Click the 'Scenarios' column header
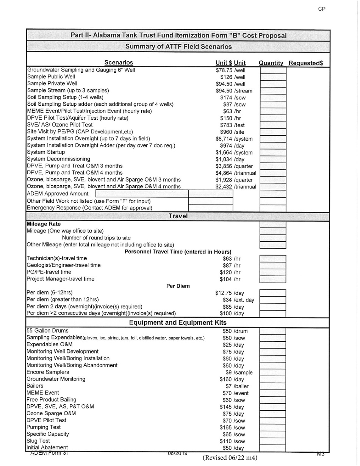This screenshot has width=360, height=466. (x=119, y=63)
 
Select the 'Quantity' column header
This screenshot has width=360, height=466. (x=271, y=63)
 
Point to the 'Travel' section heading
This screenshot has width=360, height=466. (x=178, y=216)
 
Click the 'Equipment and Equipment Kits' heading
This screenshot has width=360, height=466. (x=178, y=322)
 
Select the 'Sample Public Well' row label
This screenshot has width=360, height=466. (x=51, y=77)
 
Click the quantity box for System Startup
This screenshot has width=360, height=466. (x=272, y=152)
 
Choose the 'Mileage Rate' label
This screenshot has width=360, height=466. (x=44, y=224)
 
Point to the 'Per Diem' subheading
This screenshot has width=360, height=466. (x=178, y=286)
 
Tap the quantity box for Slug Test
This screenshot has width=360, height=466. (x=272, y=441)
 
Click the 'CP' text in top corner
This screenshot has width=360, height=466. (x=322, y=9)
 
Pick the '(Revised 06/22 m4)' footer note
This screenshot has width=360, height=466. (x=230, y=458)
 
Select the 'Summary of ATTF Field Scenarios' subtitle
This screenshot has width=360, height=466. (x=178, y=47)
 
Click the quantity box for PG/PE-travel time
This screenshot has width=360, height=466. (x=272, y=272)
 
